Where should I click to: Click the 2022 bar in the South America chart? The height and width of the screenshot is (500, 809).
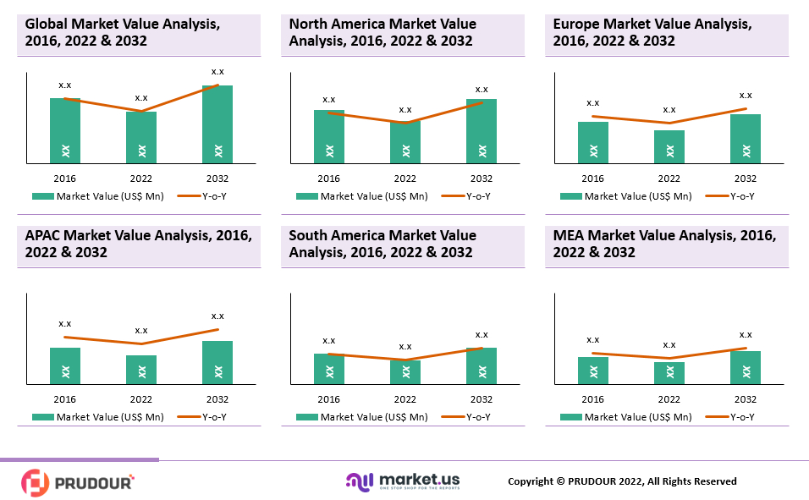(405, 372)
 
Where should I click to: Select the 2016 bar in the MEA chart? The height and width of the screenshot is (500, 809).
(593, 371)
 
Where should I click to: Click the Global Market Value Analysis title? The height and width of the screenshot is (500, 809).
(122, 32)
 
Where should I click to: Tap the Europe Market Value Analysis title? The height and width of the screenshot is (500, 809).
(652, 32)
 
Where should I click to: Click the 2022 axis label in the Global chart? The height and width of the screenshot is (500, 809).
(141, 179)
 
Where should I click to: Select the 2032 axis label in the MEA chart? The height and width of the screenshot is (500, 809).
(746, 399)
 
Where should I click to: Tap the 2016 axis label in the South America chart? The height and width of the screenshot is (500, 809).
(329, 399)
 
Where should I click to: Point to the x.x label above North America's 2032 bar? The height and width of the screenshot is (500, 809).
(482, 89)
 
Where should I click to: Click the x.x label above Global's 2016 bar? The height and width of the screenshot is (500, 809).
(65, 85)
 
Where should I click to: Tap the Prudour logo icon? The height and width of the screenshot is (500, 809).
(36, 482)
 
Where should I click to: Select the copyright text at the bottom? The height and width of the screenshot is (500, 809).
(622, 481)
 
